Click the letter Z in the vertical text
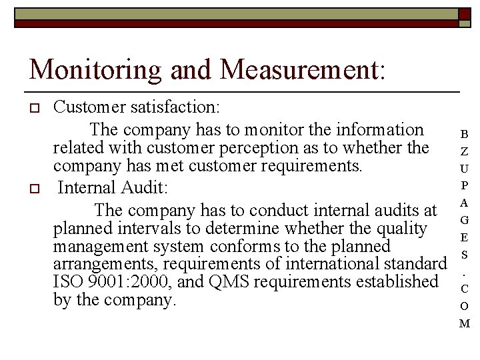click(x=464, y=151)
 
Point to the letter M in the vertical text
click(x=464, y=324)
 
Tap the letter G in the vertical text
click(x=464, y=220)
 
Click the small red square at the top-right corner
click(x=465, y=14)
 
